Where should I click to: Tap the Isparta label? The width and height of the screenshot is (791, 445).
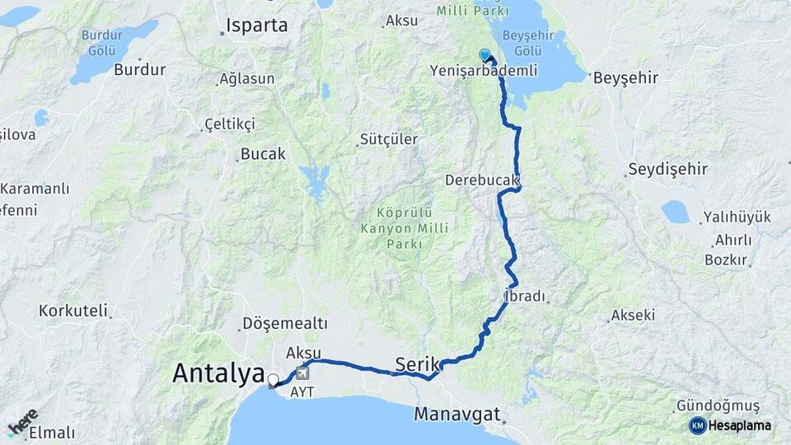point(260,25)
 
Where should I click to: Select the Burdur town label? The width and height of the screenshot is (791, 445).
point(140,70)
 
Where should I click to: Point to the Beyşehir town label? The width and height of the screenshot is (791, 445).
point(630,78)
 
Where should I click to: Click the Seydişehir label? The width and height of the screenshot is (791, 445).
point(667,170)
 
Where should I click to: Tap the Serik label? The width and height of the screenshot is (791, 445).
point(417,363)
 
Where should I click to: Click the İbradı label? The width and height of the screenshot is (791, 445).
point(525,296)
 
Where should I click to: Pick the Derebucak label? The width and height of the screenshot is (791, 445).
point(482,180)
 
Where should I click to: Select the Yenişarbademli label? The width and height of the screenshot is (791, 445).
point(483,71)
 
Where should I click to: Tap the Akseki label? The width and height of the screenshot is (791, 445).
point(633,316)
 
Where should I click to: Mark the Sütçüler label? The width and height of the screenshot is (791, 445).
point(388,139)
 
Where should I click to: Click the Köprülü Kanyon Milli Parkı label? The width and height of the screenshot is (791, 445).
point(392,227)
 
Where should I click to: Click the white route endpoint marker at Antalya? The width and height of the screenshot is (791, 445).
point(273,380)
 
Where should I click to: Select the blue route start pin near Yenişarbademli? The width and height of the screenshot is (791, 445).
point(484,55)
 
